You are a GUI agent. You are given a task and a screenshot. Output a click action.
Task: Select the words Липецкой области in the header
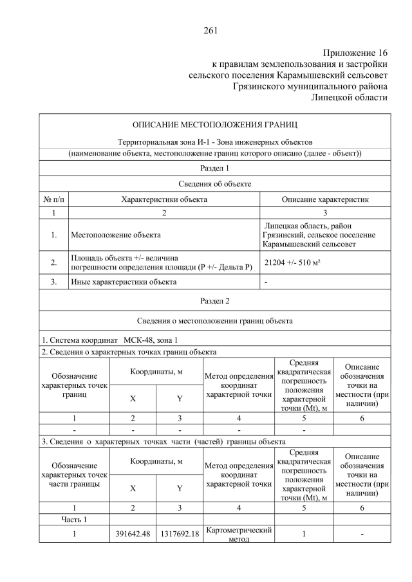click(x=350, y=98)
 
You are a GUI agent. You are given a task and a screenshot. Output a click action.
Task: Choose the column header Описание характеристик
click(x=325, y=199)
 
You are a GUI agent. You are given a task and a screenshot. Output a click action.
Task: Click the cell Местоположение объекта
click(x=116, y=235)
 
